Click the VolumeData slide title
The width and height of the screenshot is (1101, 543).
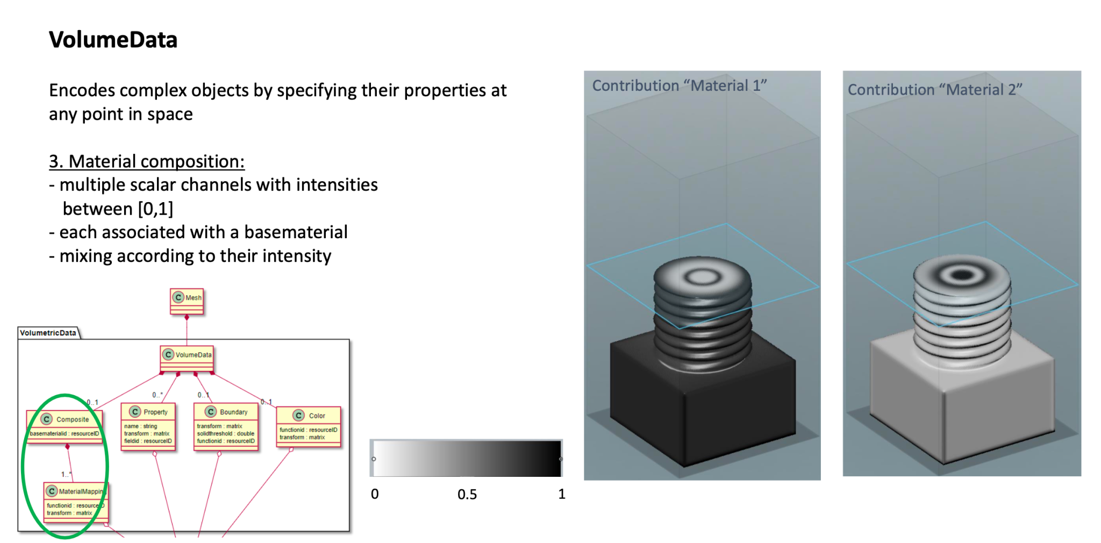pos(113,40)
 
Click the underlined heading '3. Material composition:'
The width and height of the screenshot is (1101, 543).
pos(147,161)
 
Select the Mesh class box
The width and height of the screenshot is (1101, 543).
pos(187,301)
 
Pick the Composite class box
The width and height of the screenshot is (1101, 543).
pos(65,426)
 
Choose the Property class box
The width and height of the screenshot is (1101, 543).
pos(148,426)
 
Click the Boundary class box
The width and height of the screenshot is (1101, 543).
pos(226,426)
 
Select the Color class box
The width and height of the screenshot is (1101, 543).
pos(309,426)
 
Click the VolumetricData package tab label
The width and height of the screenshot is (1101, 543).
pos(48,333)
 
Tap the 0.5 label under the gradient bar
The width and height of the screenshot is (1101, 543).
pos(467,495)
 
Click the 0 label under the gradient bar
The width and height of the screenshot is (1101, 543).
pos(375,494)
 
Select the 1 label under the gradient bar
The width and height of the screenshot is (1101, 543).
pos(562,494)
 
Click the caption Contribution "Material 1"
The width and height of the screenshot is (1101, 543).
pos(680,85)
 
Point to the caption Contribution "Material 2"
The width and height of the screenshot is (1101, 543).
pos(935,89)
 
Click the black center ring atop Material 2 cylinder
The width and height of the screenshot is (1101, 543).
pos(962,276)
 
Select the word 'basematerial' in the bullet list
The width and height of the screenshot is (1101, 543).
pos(296,232)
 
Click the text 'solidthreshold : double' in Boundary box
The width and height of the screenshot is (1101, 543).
pos(226,433)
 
